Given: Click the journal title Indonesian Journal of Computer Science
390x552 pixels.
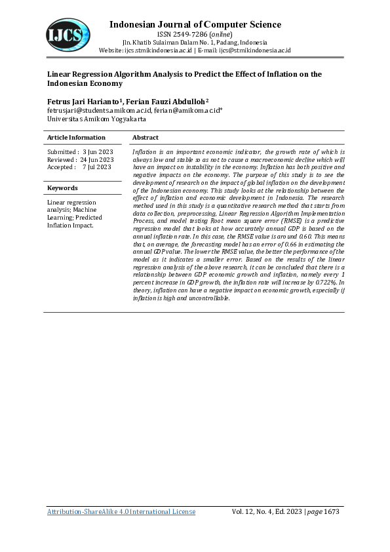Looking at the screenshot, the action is [x=195, y=25].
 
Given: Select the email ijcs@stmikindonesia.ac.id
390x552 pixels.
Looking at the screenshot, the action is [x=254, y=50].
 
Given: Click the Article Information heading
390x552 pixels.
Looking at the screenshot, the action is [x=76, y=138].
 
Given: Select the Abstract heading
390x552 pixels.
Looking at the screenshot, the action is [x=146, y=138].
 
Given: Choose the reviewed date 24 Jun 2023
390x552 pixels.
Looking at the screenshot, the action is [x=97, y=160].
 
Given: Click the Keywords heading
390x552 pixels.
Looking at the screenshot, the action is [x=62, y=188].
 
